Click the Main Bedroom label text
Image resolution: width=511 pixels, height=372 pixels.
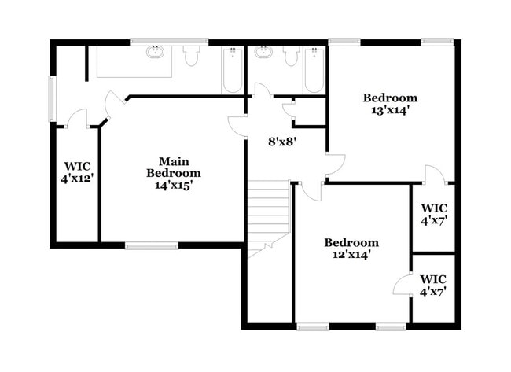pyautogui.click(x=174, y=167)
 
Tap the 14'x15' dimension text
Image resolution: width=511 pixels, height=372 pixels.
pyautogui.click(x=174, y=186)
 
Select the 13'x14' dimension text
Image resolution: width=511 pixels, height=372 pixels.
pyautogui.click(x=390, y=110)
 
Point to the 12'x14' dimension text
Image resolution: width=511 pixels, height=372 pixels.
pyautogui.click(x=351, y=255)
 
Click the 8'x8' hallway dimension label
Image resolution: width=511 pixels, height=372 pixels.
pyautogui.click(x=282, y=142)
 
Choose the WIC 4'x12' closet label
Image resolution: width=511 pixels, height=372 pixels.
pyautogui.click(x=77, y=172)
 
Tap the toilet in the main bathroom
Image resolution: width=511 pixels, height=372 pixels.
pyautogui.click(x=191, y=55)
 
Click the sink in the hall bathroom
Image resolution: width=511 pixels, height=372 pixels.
pyautogui.click(x=263, y=53)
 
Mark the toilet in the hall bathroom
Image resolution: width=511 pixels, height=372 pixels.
pyautogui.click(x=291, y=55)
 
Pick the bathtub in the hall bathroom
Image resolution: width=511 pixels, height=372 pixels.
pyautogui.click(x=314, y=71)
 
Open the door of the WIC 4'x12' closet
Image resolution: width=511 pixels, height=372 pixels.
pyautogui.click(x=76, y=120)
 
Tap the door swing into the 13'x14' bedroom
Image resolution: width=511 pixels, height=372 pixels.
pyautogui.click(x=335, y=165)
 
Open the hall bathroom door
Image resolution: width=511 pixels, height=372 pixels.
pyautogui.click(x=262, y=90)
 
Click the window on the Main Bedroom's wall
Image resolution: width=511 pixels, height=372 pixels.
pyautogui.click(x=152, y=246)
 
